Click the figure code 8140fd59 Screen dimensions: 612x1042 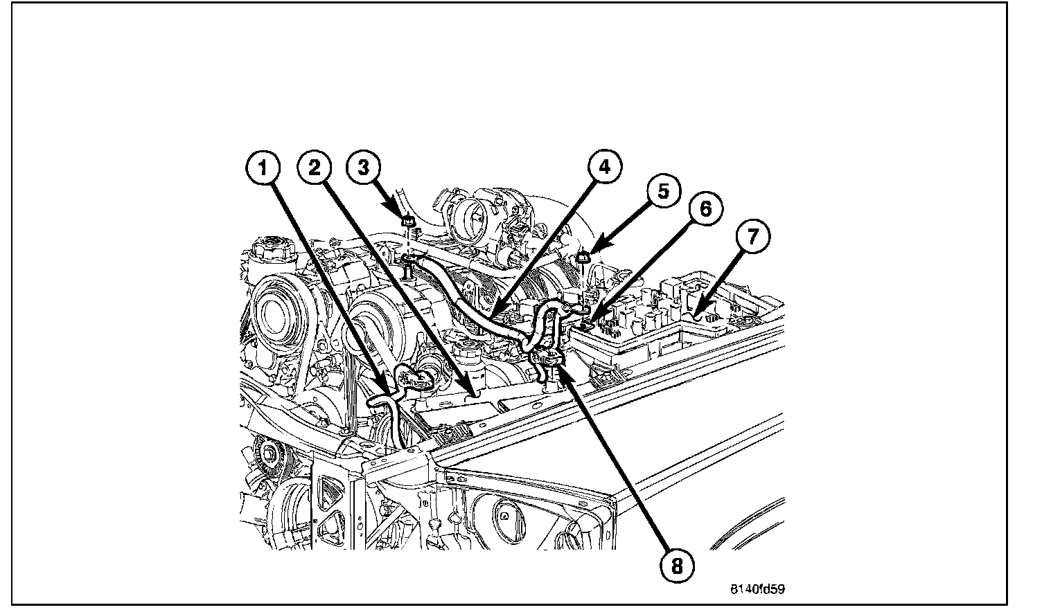click(x=757, y=590)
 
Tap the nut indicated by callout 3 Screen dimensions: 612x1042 click(x=409, y=222)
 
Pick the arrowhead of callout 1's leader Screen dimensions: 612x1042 click(x=385, y=385)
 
